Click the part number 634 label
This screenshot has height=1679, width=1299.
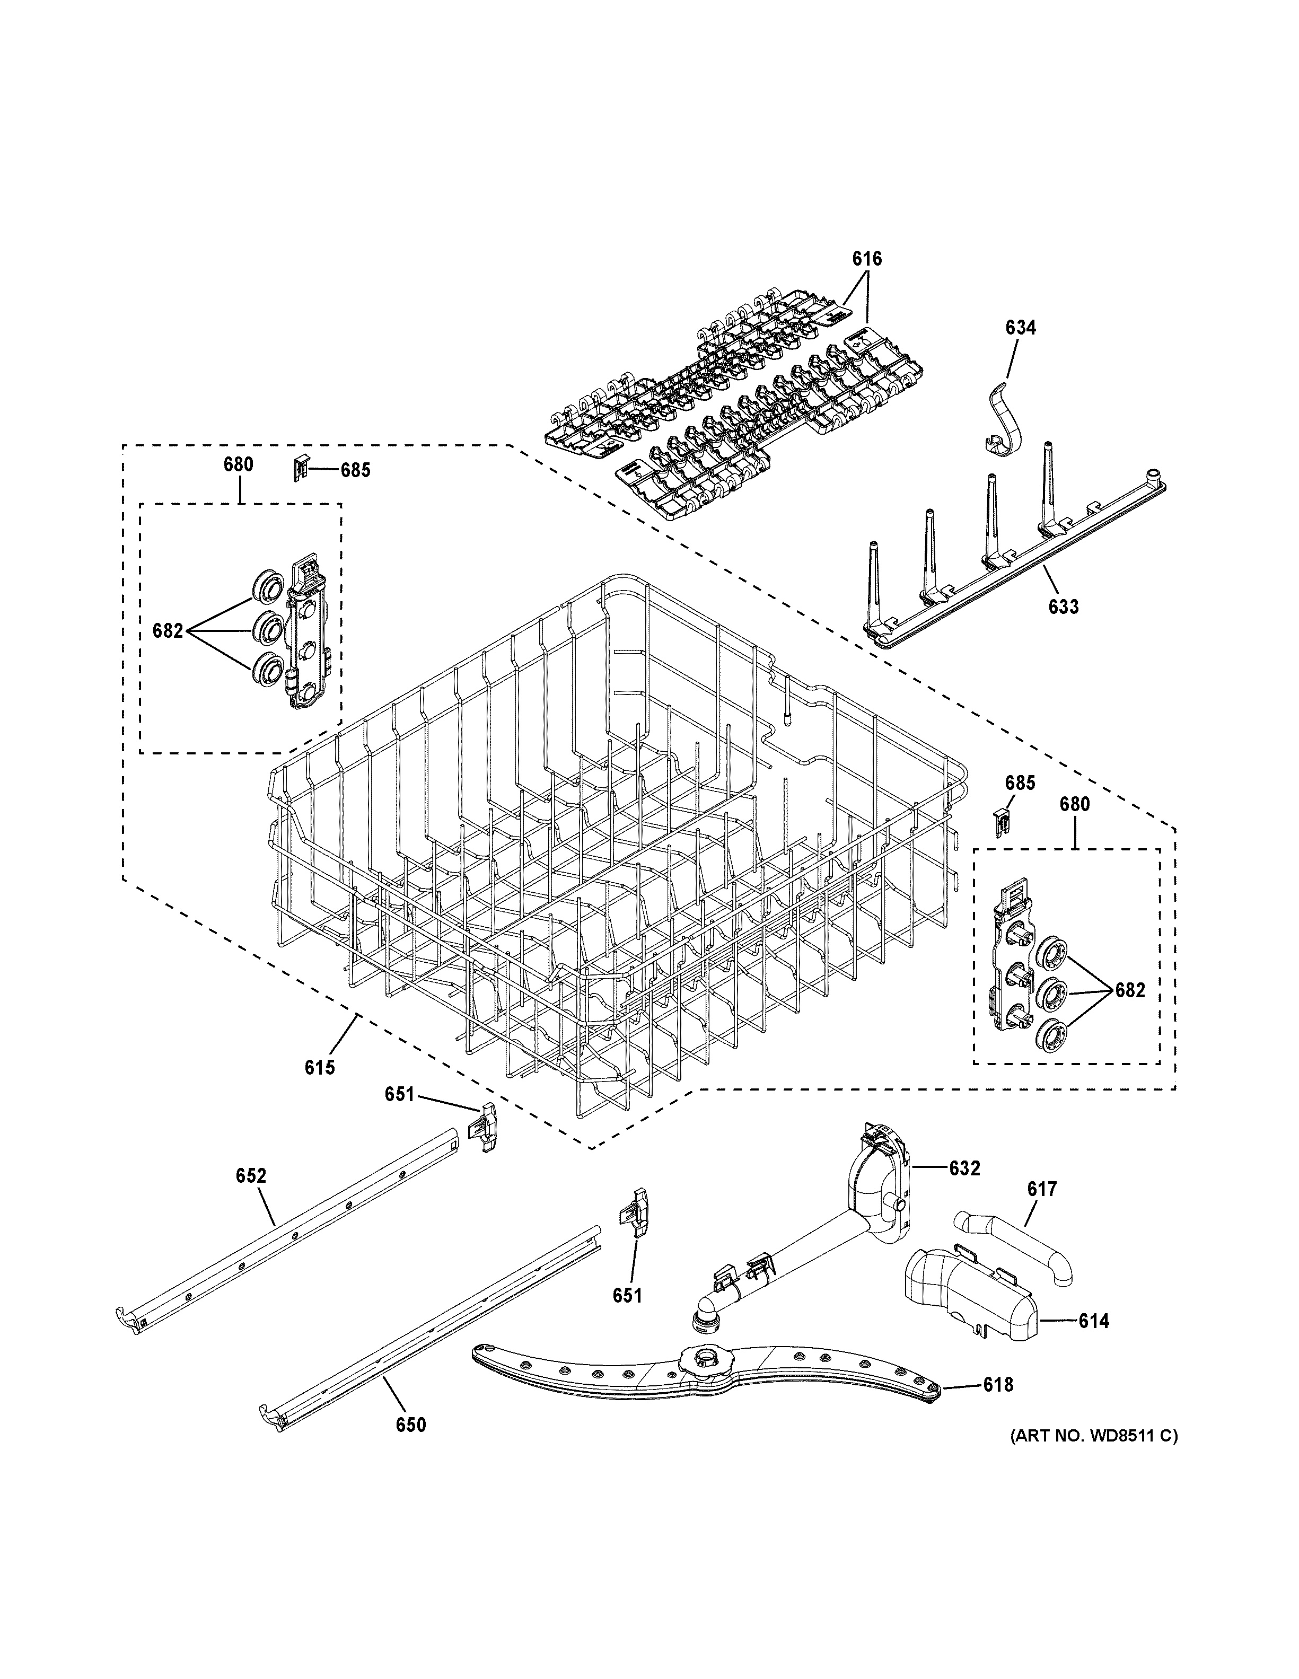coord(1020,328)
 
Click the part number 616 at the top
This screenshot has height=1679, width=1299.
coord(866,259)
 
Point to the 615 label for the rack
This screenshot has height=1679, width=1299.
coord(320,1067)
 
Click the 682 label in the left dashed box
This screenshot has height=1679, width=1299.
coord(168,631)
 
